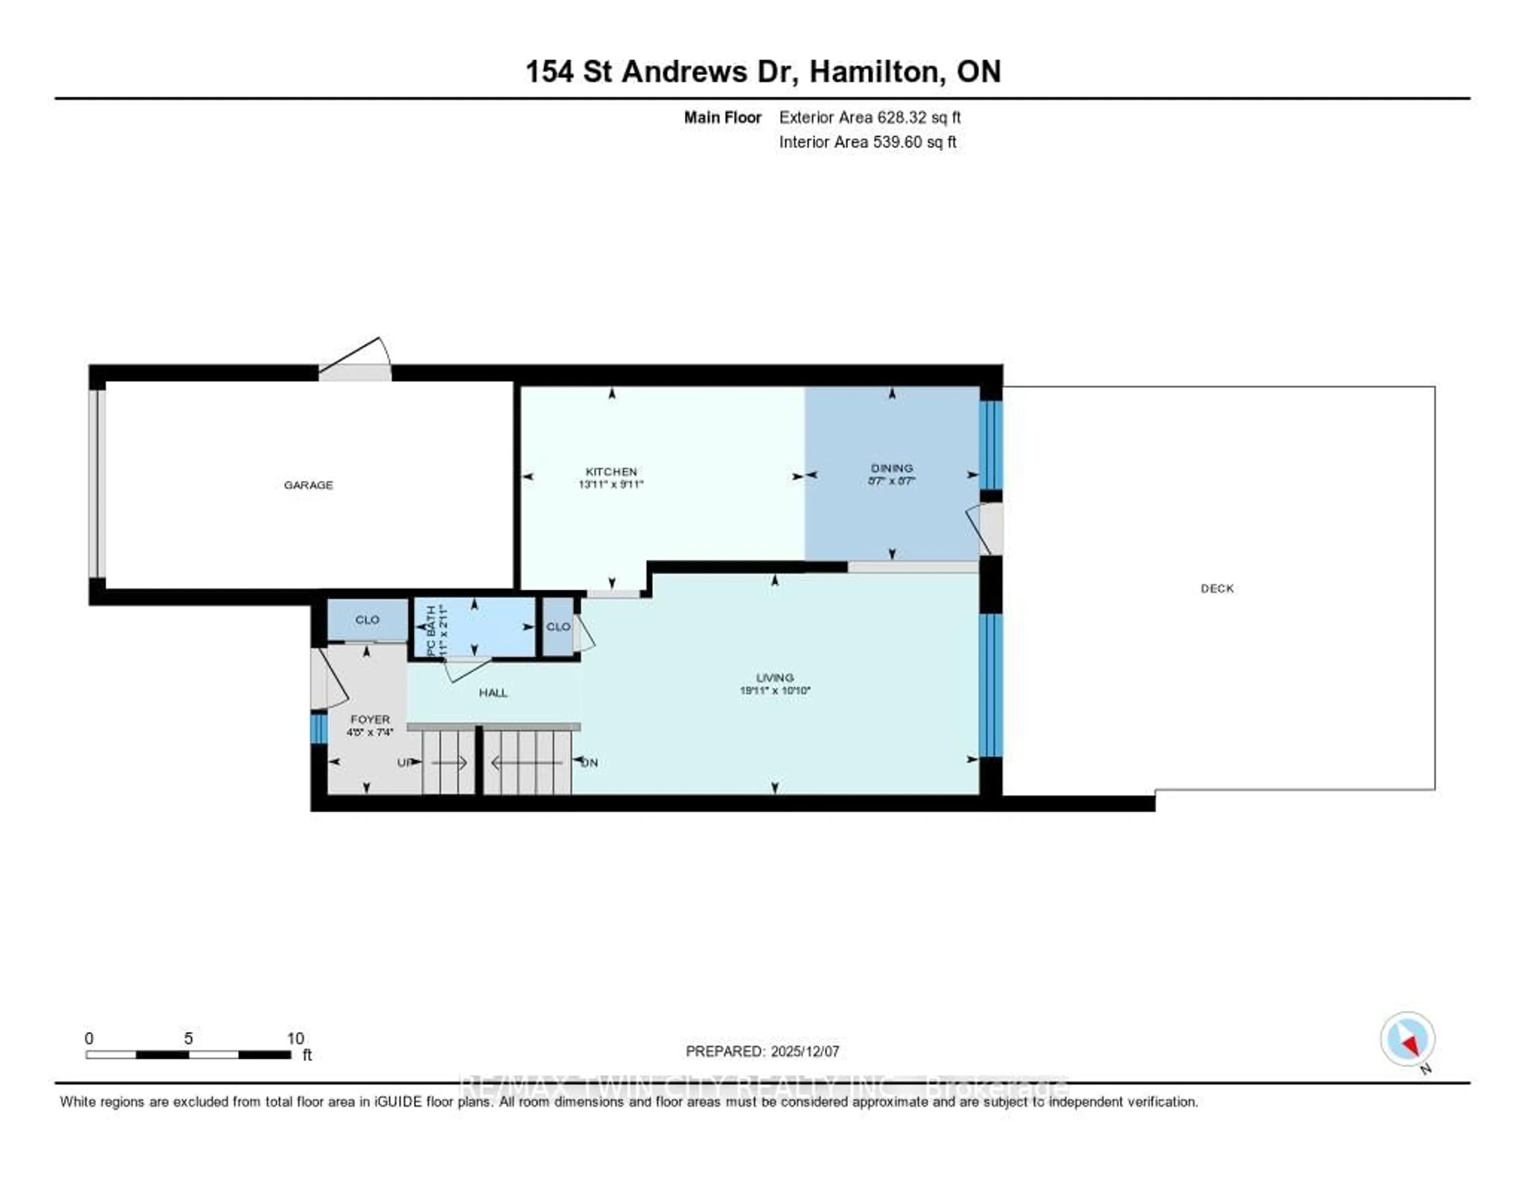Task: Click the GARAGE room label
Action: (308, 485)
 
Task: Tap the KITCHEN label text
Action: (611, 471)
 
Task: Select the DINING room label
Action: (892, 468)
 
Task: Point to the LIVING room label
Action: (774, 677)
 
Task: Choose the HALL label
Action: (493, 693)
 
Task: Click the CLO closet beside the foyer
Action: (367, 619)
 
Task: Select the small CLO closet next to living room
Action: (558, 626)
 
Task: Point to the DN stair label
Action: (590, 763)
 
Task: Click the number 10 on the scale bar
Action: (295, 1038)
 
